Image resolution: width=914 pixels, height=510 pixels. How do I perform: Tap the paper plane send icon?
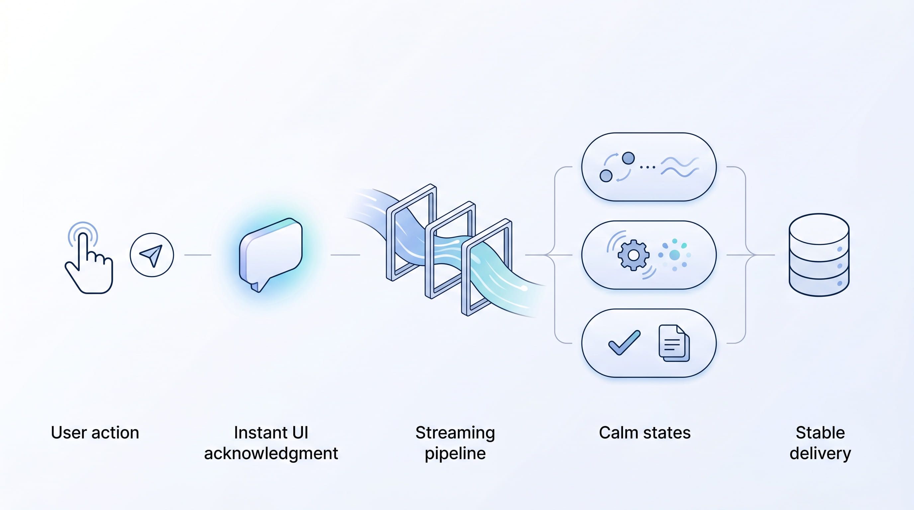pyautogui.click(x=152, y=255)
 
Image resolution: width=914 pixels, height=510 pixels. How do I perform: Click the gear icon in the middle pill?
pyautogui.click(x=633, y=255)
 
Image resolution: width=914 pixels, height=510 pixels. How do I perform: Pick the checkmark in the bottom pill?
pyautogui.click(x=624, y=343)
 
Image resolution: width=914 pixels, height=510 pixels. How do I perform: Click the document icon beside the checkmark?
pyautogui.click(x=674, y=343)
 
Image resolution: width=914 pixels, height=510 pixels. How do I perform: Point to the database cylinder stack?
pyautogui.click(x=819, y=255)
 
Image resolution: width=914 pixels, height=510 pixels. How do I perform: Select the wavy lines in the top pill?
pyautogui.click(x=680, y=167)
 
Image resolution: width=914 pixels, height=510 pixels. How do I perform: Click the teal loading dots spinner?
pyautogui.click(x=674, y=255)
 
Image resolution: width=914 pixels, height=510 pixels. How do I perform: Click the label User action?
pyautogui.click(x=95, y=433)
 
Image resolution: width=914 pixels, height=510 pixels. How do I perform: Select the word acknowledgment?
pyautogui.click(x=271, y=454)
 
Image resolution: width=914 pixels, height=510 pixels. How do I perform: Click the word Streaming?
pyautogui.click(x=455, y=433)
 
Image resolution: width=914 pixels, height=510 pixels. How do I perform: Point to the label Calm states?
pyautogui.click(x=645, y=433)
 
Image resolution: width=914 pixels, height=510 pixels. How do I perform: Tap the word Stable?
pyautogui.click(x=820, y=433)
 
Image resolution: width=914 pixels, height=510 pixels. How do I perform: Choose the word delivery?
pyautogui.click(x=820, y=454)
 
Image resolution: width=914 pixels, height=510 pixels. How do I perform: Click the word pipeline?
pyautogui.click(x=455, y=454)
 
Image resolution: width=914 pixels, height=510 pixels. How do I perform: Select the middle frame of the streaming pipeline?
pyautogui.click(x=450, y=250)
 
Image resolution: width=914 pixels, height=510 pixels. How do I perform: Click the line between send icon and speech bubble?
pyautogui.click(x=198, y=255)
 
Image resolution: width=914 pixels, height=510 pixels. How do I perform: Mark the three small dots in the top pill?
pyautogui.click(x=648, y=167)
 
